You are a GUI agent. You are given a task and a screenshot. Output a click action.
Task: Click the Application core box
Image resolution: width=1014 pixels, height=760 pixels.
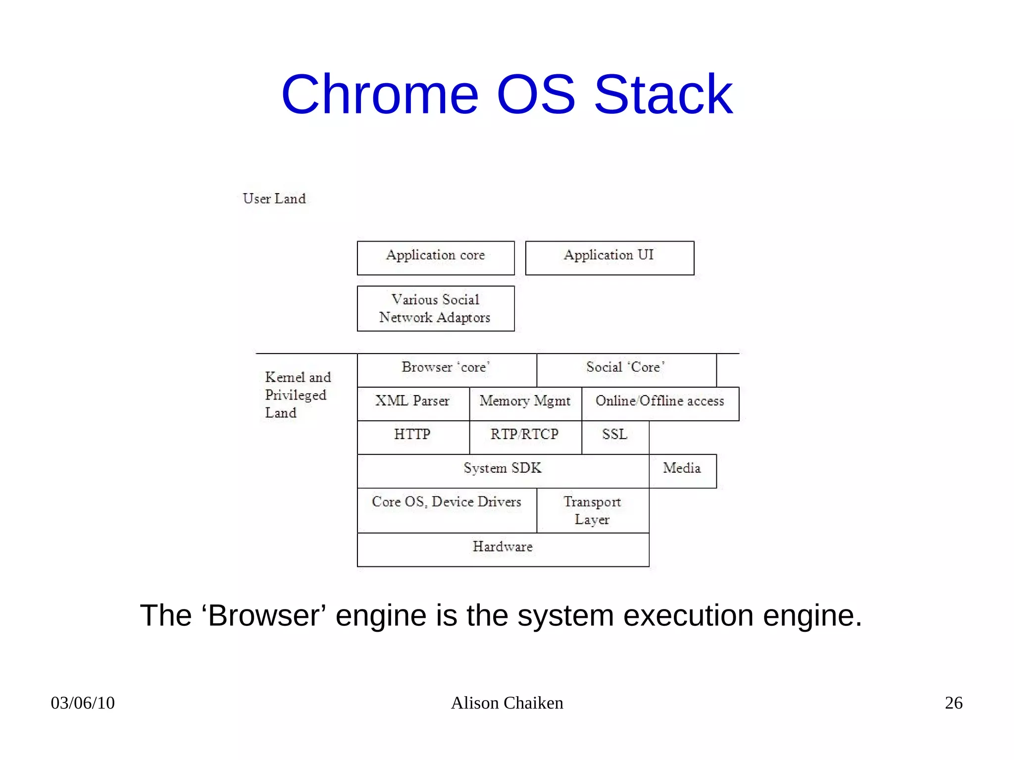tap(436, 258)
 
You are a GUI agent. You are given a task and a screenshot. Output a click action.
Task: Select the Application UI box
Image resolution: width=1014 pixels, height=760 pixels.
tap(609, 258)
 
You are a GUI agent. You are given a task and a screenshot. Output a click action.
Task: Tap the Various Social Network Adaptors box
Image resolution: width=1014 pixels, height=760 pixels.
tap(436, 308)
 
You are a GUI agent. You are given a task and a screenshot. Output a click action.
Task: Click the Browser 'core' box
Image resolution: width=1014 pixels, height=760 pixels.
tap(447, 370)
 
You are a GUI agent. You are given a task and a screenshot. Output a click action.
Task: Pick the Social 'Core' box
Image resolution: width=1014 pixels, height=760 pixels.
tap(626, 370)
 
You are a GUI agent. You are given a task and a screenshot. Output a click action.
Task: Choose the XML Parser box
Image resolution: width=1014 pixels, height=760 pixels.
tap(413, 404)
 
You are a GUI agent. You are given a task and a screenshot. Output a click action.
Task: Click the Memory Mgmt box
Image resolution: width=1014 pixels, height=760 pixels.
tap(525, 404)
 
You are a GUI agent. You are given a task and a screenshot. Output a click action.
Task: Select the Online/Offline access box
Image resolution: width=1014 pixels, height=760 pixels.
tap(660, 404)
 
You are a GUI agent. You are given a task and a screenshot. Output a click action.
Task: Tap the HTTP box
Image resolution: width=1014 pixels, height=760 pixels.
tap(413, 437)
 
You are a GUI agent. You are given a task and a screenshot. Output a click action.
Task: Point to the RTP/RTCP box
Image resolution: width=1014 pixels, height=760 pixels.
tap(525, 437)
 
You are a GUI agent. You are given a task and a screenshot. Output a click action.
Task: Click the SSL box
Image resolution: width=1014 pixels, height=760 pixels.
tap(615, 437)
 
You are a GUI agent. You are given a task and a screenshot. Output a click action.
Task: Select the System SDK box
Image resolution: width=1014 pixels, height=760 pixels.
tap(503, 471)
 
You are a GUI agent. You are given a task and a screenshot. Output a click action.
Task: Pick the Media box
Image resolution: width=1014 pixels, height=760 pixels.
tap(682, 471)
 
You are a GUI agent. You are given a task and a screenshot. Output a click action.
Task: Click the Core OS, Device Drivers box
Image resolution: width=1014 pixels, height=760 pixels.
tap(447, 510)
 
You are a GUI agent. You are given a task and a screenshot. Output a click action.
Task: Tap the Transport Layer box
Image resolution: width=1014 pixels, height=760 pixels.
tap(593, 510)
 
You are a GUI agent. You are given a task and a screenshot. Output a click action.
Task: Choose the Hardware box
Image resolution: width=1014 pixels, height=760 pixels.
tap(503, 549)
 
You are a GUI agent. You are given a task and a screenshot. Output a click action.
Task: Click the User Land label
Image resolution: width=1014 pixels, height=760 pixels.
tap(274, 199)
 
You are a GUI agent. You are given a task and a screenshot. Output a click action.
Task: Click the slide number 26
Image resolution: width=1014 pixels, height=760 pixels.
tap(953, 703)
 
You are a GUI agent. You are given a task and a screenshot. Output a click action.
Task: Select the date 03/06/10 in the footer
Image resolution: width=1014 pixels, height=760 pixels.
tap(83, 703)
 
